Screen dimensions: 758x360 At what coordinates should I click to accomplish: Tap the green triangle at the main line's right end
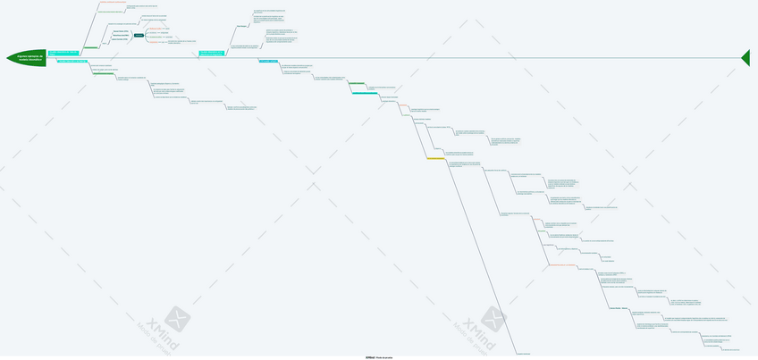[x=745, y=57]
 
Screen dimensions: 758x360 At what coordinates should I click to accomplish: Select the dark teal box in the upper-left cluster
[x=139, y=35]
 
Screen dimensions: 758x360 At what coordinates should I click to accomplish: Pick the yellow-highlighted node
[x=435, y=159]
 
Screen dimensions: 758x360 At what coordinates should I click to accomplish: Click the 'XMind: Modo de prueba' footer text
[x=379, y=357]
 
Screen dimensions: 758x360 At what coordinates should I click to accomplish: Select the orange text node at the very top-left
[x=114, y=3]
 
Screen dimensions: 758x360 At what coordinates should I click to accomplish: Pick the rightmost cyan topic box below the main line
[x=267, y=61]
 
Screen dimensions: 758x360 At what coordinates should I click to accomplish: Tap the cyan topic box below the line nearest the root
[x=72, y=61]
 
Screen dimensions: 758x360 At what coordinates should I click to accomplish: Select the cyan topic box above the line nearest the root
[x=63, y=54]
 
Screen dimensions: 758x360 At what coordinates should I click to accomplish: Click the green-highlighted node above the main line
[x=90, y=47]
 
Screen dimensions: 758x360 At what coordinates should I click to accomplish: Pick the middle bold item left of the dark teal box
[x=120, y=35]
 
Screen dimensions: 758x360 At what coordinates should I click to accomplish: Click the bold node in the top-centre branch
[x=241, y=25]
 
